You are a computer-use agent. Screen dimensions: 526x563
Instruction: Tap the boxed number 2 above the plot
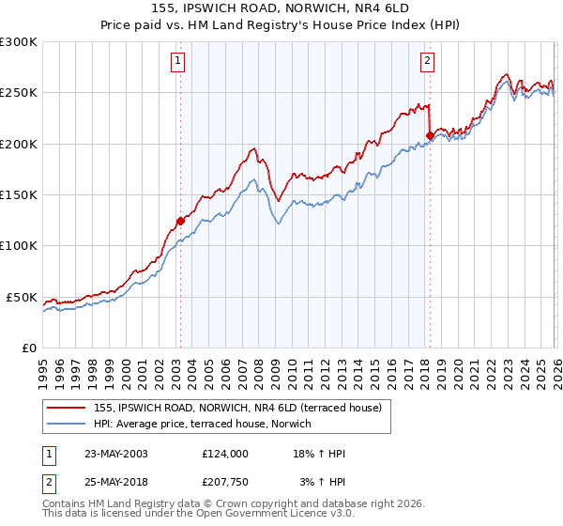(x=428, y=62)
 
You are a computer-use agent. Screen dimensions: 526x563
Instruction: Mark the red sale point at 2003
(x=180, y=222)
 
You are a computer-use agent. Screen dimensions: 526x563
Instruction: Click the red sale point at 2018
(x=429, y=135)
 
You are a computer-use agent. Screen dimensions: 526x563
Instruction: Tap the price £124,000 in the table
(x=224, y=454)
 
